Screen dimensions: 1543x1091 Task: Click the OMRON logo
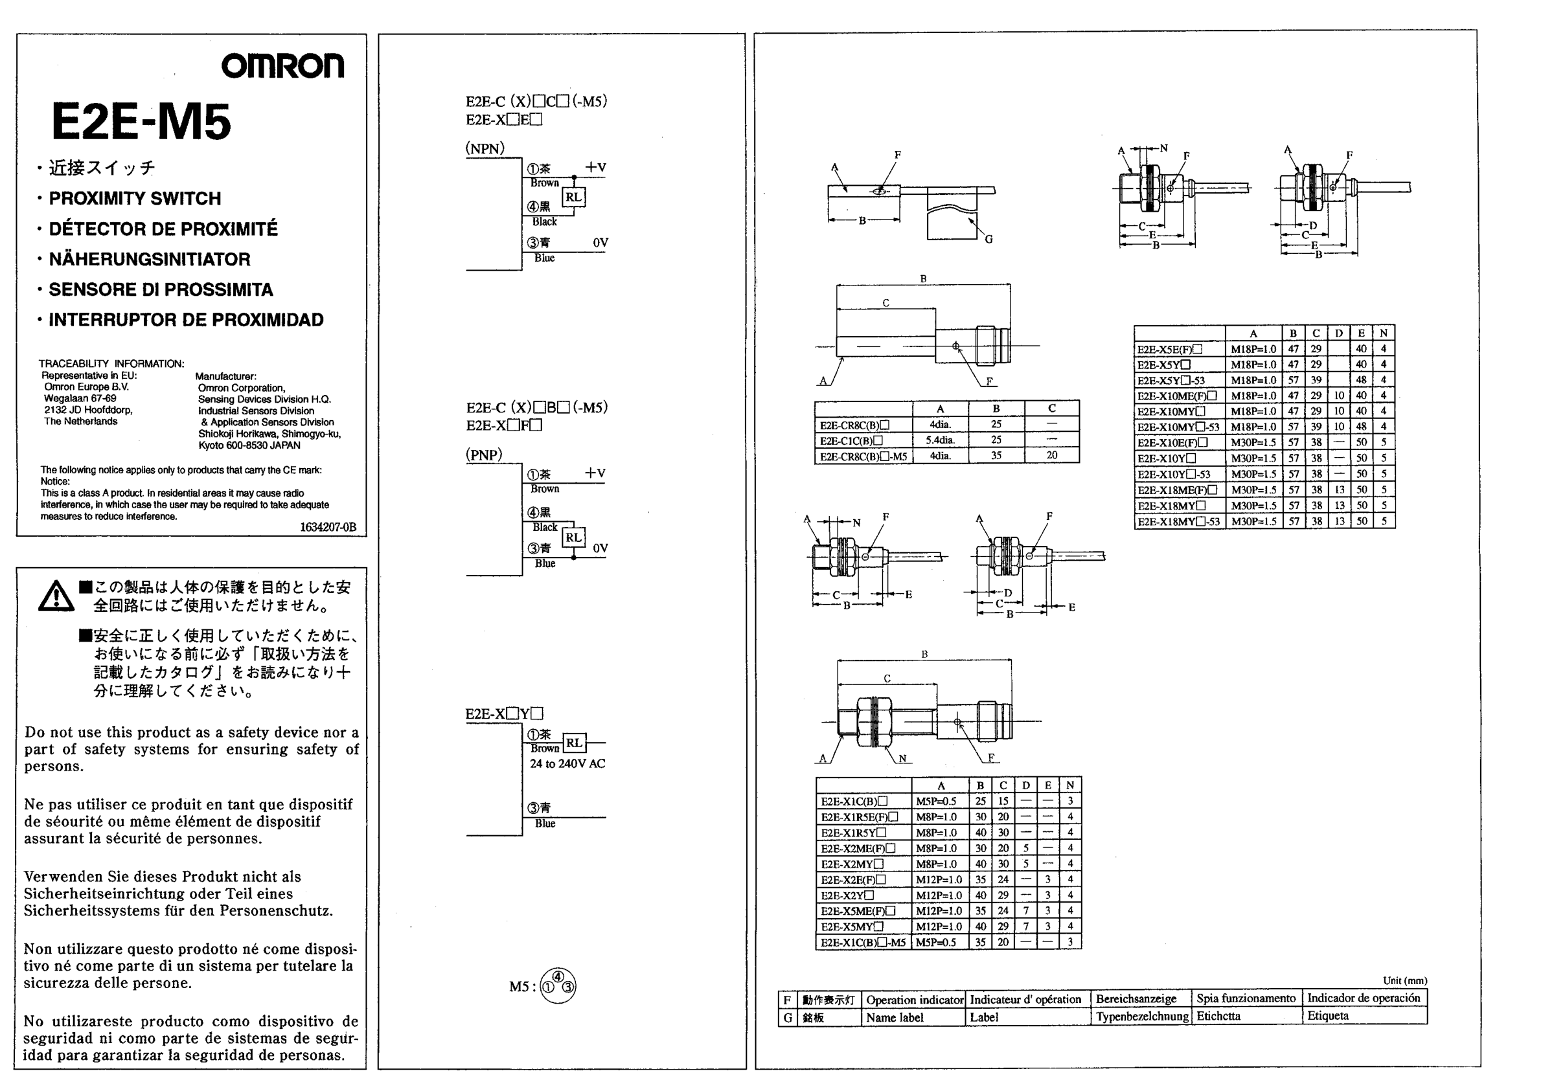pos(282,66)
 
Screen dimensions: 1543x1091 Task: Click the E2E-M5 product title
pos(141,122)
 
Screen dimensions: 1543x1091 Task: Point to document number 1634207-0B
pos(328,527)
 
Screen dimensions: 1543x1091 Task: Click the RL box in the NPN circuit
pos(573,197)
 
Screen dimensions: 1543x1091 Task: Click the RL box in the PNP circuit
pos(573,537)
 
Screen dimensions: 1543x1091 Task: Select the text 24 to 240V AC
pos(567,764)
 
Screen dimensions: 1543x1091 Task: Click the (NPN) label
pos(485,148)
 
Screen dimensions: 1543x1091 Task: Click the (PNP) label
pos(484,455)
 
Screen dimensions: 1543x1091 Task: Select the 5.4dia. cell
pos(940,441)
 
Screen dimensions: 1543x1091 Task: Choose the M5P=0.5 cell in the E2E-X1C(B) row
pos(935,802)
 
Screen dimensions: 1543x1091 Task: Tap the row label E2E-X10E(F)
pos(1172,443)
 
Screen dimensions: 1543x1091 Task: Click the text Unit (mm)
pos(1404,981)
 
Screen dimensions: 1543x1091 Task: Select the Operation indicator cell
pos(915,1000)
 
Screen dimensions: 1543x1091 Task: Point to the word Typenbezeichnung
pos(1143,1017)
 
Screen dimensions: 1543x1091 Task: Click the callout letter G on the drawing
pos(989,239)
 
